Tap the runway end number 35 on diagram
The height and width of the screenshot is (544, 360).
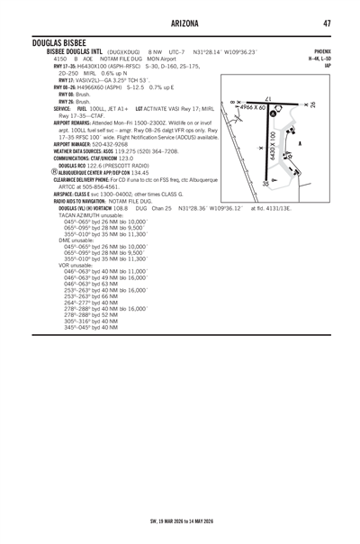(x=265, y=183)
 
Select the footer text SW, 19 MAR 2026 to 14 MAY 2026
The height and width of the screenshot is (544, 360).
(x=180, y=521)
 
